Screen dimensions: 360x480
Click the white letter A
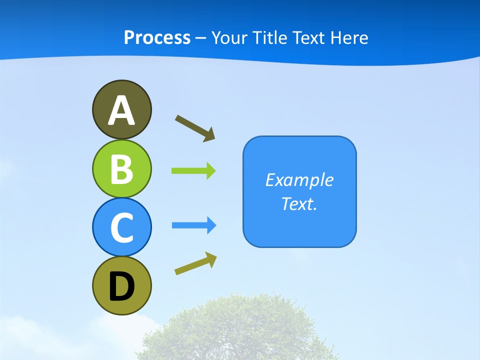[121, 110]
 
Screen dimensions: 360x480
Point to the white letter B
[121, 169]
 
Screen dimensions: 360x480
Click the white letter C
[121, 227]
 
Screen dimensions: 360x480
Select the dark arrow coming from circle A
[195, 128]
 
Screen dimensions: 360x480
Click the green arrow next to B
[193, 171]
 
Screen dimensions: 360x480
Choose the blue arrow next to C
[194, 225]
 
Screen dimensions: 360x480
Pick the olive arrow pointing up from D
[195, 263]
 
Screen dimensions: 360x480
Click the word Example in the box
[299, 180]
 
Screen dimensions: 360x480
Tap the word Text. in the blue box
[299, 204]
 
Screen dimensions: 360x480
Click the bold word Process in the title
[157, 37]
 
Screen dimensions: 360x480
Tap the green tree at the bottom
[240, 330]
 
